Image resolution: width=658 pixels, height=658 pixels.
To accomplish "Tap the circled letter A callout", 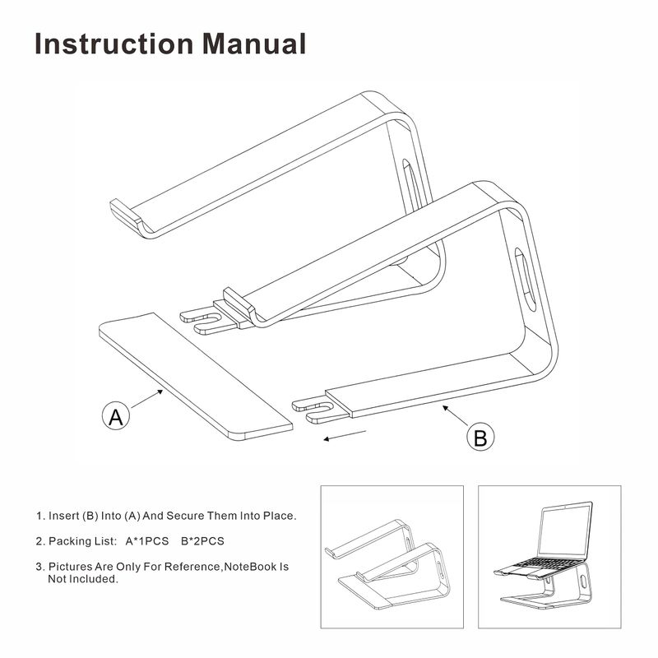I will click(116, 416).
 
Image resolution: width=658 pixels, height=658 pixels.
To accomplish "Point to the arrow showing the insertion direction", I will click(345, 434).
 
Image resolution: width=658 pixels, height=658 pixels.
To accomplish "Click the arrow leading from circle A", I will click(148, 399).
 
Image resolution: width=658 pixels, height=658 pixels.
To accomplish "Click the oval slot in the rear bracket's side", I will click(408, 178).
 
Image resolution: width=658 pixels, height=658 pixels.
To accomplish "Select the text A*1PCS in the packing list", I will click(147, 541).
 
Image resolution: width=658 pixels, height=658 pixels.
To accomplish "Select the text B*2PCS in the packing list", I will click(202, 541).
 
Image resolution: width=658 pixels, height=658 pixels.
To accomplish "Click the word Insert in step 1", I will click(64, 516).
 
